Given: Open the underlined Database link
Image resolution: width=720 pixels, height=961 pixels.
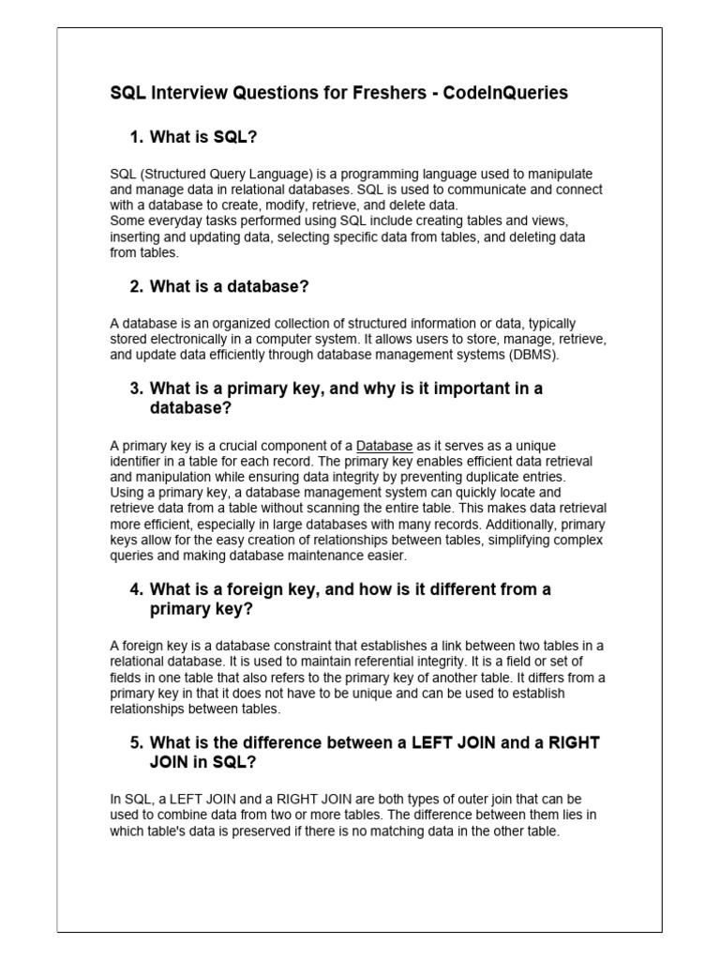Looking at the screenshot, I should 384,446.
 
